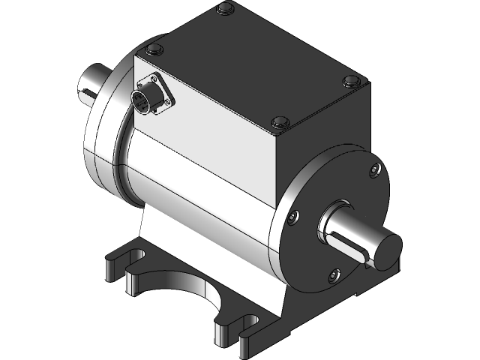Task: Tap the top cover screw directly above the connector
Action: (x=153, y=50)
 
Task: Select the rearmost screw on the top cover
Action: (x=223, y=10)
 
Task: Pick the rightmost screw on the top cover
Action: (x=349, y=81)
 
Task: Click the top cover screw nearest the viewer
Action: (x=279, y=121)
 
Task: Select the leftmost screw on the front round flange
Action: (x=292, y=218)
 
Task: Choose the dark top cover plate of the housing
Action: (x=255, y=64)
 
